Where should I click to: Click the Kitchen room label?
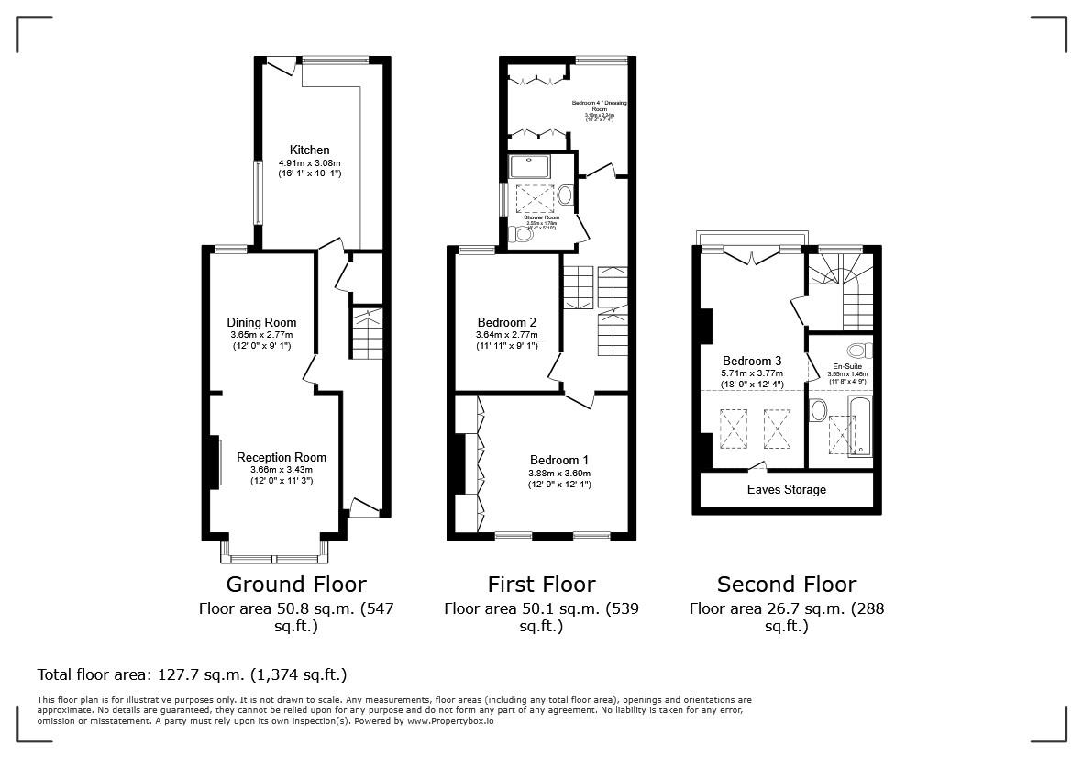(x=309, y=150)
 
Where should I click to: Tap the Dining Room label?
(x=261, y=322)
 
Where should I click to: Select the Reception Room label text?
(x=281, y=457)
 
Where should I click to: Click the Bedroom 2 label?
(x=506, y=322)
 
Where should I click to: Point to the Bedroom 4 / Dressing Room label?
(x=601, y=104)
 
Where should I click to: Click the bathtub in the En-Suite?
(x=860, y=428)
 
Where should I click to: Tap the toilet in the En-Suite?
(x=858, y=350)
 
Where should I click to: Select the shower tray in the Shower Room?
(x=531, y=166)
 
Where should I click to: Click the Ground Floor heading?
(x=296, y=585)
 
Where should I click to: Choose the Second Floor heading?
(x=787, y=585)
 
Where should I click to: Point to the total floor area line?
(x=192, y=674)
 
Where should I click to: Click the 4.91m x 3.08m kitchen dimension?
(x=309, y=162)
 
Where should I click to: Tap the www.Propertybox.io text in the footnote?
(x=450, y=721)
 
